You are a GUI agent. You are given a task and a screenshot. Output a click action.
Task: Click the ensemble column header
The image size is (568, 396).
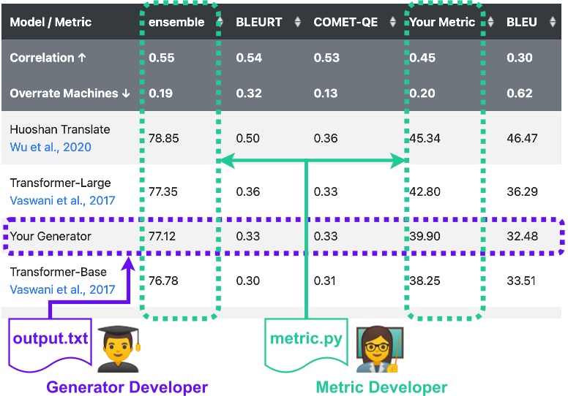pyautogui.click(x=176, y=22)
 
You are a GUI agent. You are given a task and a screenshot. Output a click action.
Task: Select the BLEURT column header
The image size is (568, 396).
pyautogui.click(x=258, y=22)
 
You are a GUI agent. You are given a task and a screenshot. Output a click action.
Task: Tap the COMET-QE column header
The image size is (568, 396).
pyautogui.click(x=345, y=22)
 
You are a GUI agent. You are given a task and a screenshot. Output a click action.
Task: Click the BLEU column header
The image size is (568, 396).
pyautogui.click(x=521, y=22)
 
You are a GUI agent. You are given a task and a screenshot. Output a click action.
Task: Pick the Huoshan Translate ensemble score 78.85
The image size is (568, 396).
pyautogui.click(x=163, y=138)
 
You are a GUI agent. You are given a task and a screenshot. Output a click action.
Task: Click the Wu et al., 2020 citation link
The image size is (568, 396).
pyautogui.click(x=51, y=147)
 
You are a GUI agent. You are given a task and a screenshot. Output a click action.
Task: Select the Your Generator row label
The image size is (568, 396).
pyautogui.click(x=51, y=236)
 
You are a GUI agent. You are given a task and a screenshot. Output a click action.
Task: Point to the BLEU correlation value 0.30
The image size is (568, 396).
pyautogui.click(x=519, y=58)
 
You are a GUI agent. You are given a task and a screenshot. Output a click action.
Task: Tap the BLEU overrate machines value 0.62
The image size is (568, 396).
pyautogui.click(x=519, y=93)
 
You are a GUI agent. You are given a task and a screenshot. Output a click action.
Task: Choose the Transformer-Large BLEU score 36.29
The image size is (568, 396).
pyautogui.click(x=521, y=191)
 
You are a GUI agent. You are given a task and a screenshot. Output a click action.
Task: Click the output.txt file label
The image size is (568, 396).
pyautogui.click(x=51, y=340)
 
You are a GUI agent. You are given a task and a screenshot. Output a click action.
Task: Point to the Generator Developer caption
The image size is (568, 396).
pyautogui.click(x=127, y=387)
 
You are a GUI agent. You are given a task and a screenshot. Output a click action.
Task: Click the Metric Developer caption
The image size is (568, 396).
pyautogui.click(x=381, y=387)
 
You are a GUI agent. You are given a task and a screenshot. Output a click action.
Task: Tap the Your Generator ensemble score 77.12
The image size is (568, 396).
pyautogui.click(x=163, y=236)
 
